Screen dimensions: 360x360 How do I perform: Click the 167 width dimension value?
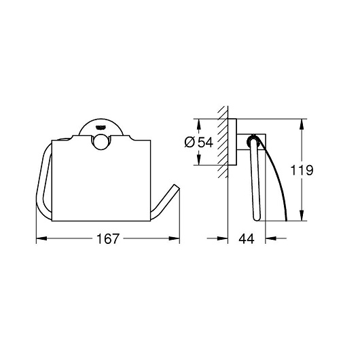pos(108,239)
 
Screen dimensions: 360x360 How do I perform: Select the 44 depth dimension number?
pos(247,239)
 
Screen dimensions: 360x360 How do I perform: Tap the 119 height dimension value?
pos(302,170)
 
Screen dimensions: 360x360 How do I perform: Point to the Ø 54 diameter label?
pos(199,143)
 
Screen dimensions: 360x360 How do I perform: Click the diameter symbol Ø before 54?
pos(190,143)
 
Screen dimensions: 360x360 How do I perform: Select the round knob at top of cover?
pos(101,142)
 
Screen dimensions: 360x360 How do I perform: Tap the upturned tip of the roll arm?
pos(177,186)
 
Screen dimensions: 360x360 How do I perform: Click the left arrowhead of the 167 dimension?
pos(41,238)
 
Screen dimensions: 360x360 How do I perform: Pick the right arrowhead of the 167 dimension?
pos(175,238)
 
